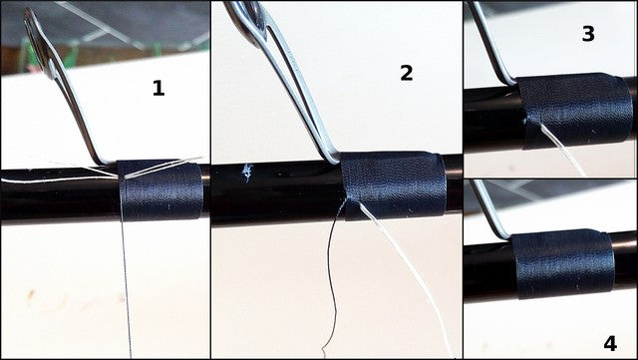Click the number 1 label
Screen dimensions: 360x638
coord(158,89)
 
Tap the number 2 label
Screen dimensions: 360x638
coord(406,73)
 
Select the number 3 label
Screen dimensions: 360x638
coord(588,34)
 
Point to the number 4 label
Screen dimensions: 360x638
coord(609,341)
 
